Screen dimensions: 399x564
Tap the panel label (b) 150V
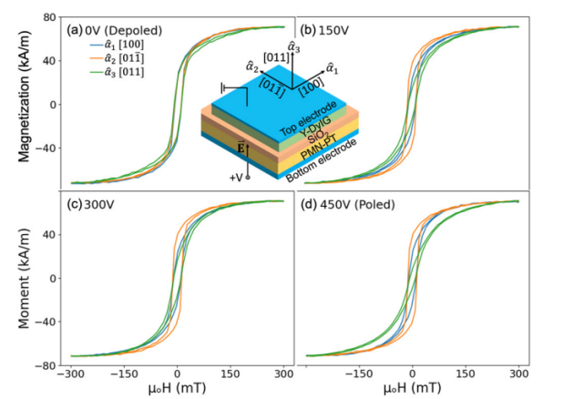(328, 29)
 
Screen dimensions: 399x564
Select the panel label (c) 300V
(94, 201)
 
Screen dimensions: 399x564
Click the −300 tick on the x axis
(69, 373)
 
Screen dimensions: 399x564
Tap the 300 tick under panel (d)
(519, 373)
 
